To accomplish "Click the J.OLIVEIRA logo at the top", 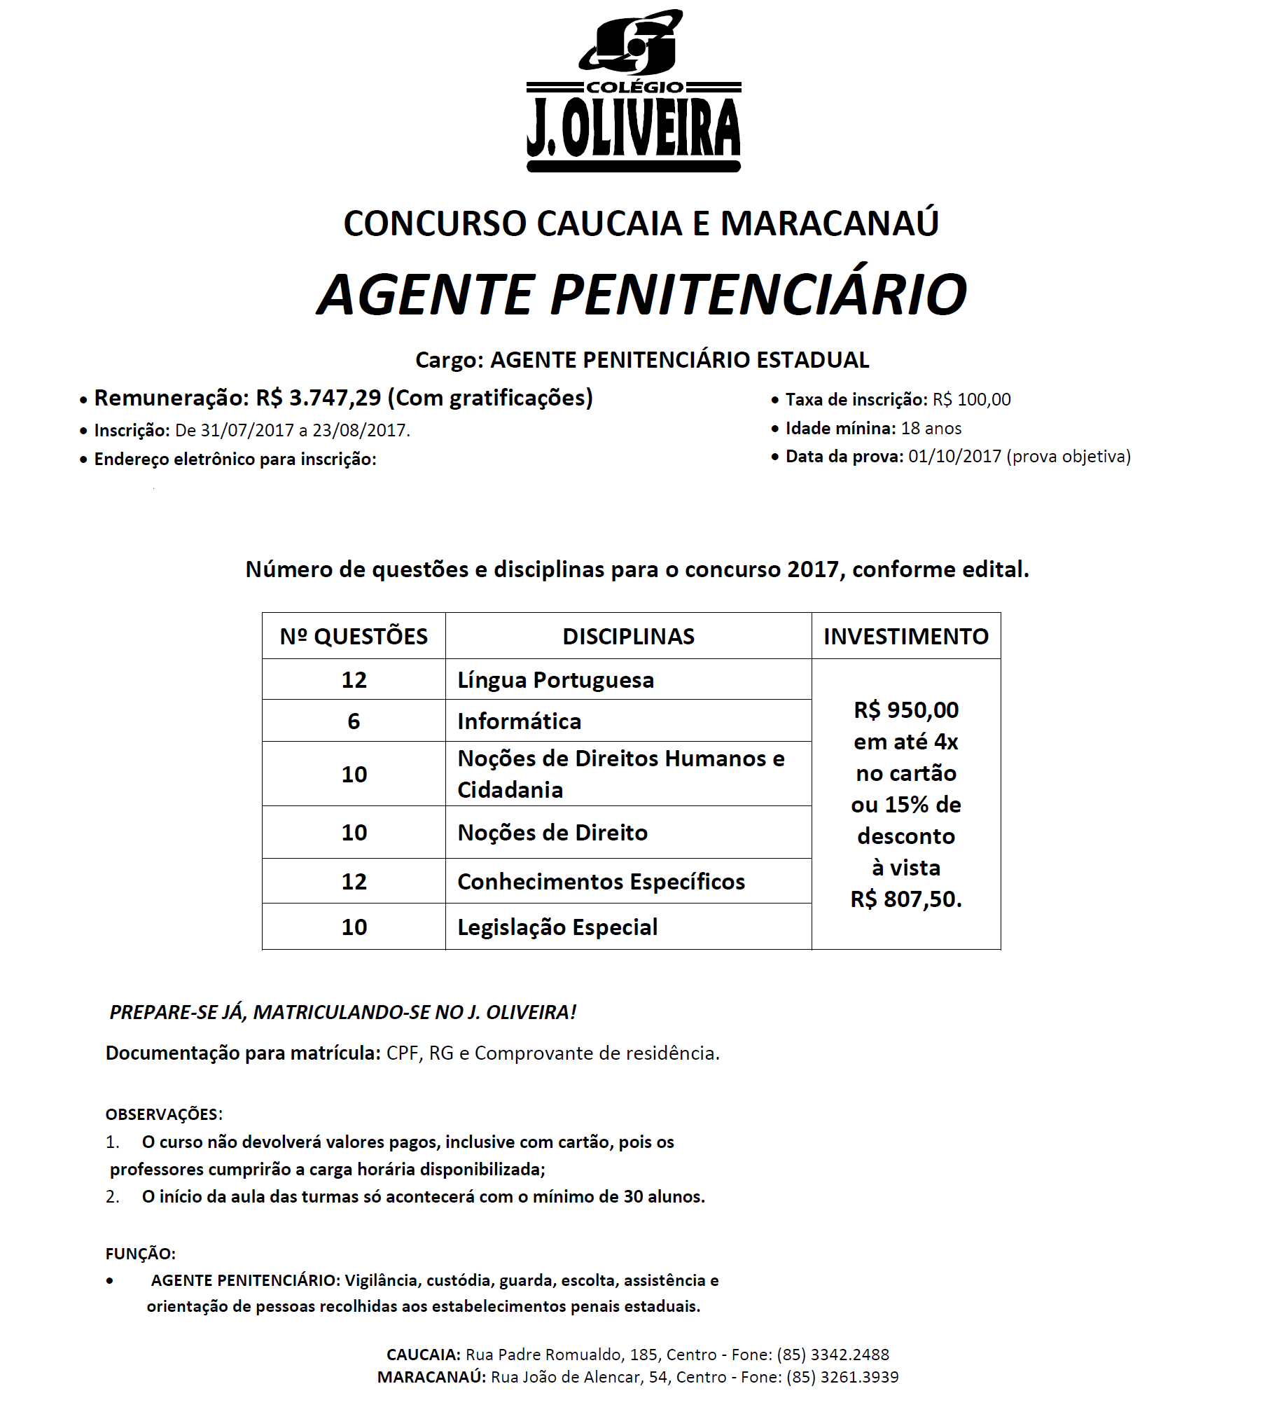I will tap(634, 91).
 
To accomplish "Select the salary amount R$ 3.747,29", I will tap(319, 398).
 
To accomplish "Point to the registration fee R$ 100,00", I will tap(971, 400).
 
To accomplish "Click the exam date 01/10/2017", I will tap(954, 457).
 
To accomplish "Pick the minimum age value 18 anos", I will tap(931, 429).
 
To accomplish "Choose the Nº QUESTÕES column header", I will tap(354, 636).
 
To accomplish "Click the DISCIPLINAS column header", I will tap(628, 636).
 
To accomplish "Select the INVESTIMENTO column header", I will tap(905, 636).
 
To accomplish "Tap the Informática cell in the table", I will tap(519, 721).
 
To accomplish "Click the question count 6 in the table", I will tap(354, 721).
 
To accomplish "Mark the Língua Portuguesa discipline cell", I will tap(555, 680).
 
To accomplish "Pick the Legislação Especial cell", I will tap(557, 927).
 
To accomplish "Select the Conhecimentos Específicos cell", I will tap(601, 882).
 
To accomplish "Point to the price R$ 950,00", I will tap(906, 710).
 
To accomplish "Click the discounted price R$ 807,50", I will tap(906, 899).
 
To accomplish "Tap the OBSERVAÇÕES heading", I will tap(164, 1114).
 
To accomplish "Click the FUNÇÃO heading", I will tap(140, 1254).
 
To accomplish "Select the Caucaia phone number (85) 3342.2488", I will tap(833, 1355).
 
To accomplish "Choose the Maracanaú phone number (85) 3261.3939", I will tap(842, 1378).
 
